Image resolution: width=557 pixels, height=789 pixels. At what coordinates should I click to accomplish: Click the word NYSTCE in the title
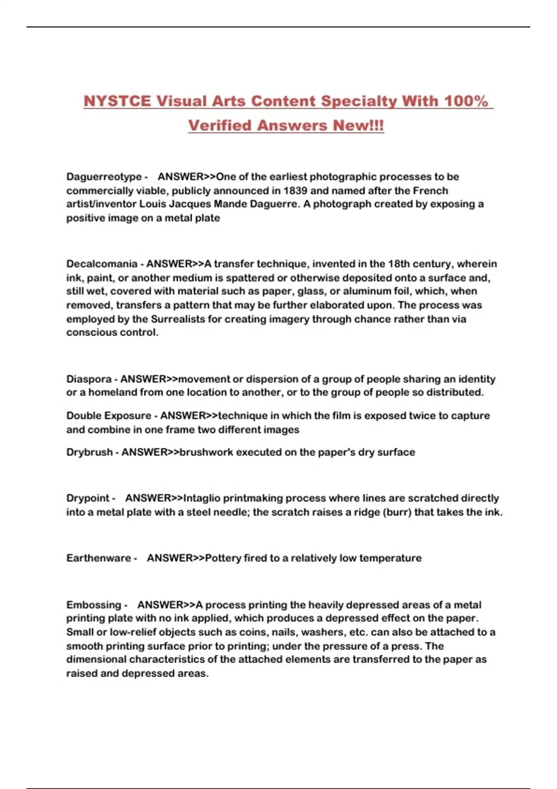point(117,101)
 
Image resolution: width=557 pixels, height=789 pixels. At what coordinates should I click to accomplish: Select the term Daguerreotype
point(104,177)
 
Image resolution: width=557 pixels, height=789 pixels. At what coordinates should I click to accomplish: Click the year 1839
point(295,191)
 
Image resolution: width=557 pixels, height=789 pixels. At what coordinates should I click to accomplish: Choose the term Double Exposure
point(109,416)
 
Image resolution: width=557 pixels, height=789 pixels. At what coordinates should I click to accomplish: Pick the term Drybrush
point(89,453)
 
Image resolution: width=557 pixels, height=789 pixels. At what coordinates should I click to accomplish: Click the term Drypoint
point(88,498)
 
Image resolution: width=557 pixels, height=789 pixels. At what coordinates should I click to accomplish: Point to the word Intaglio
point(202,498)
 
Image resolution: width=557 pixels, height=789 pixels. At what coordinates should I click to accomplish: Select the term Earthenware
point(98,558)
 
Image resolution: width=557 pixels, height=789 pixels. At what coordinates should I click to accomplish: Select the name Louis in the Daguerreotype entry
point(152,204)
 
